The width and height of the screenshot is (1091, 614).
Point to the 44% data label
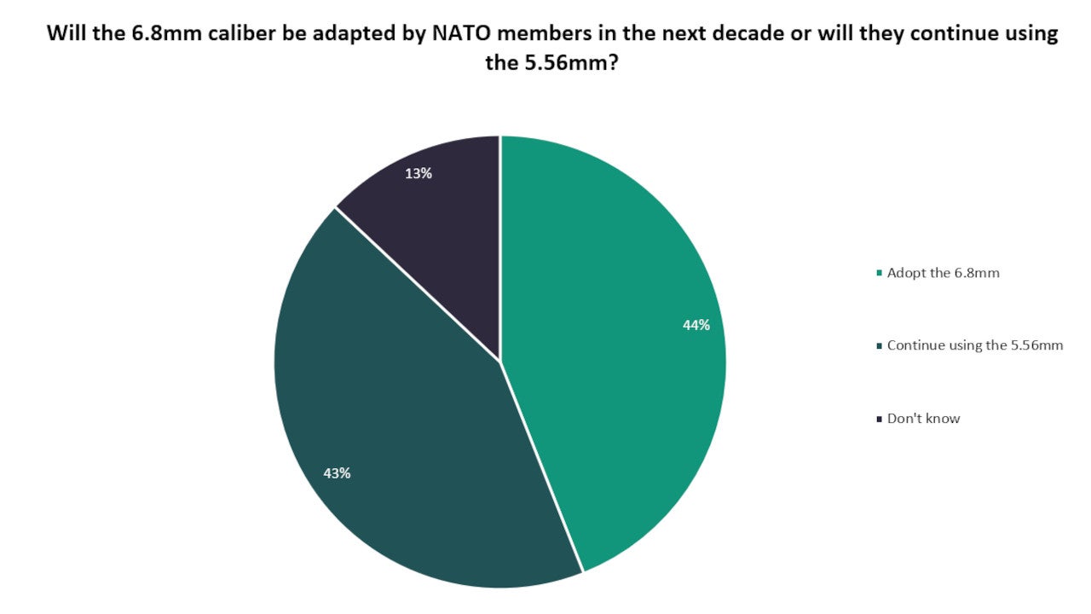tap(696, 325)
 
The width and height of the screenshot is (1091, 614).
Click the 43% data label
tap(337, 473)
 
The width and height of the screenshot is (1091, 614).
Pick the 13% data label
tap(419, 174)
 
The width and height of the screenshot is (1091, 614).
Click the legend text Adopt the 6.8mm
tap(943, 273)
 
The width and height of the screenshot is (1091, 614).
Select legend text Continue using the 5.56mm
tap(974, 345)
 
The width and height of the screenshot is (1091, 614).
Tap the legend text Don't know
tap(923, 418)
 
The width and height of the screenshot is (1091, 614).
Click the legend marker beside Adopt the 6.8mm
tap(880, 274)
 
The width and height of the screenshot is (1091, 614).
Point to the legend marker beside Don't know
tap(880, 419)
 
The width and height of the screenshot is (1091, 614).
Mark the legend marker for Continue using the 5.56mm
tap(880, 346)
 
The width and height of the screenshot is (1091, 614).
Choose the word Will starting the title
tap(64, 33)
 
